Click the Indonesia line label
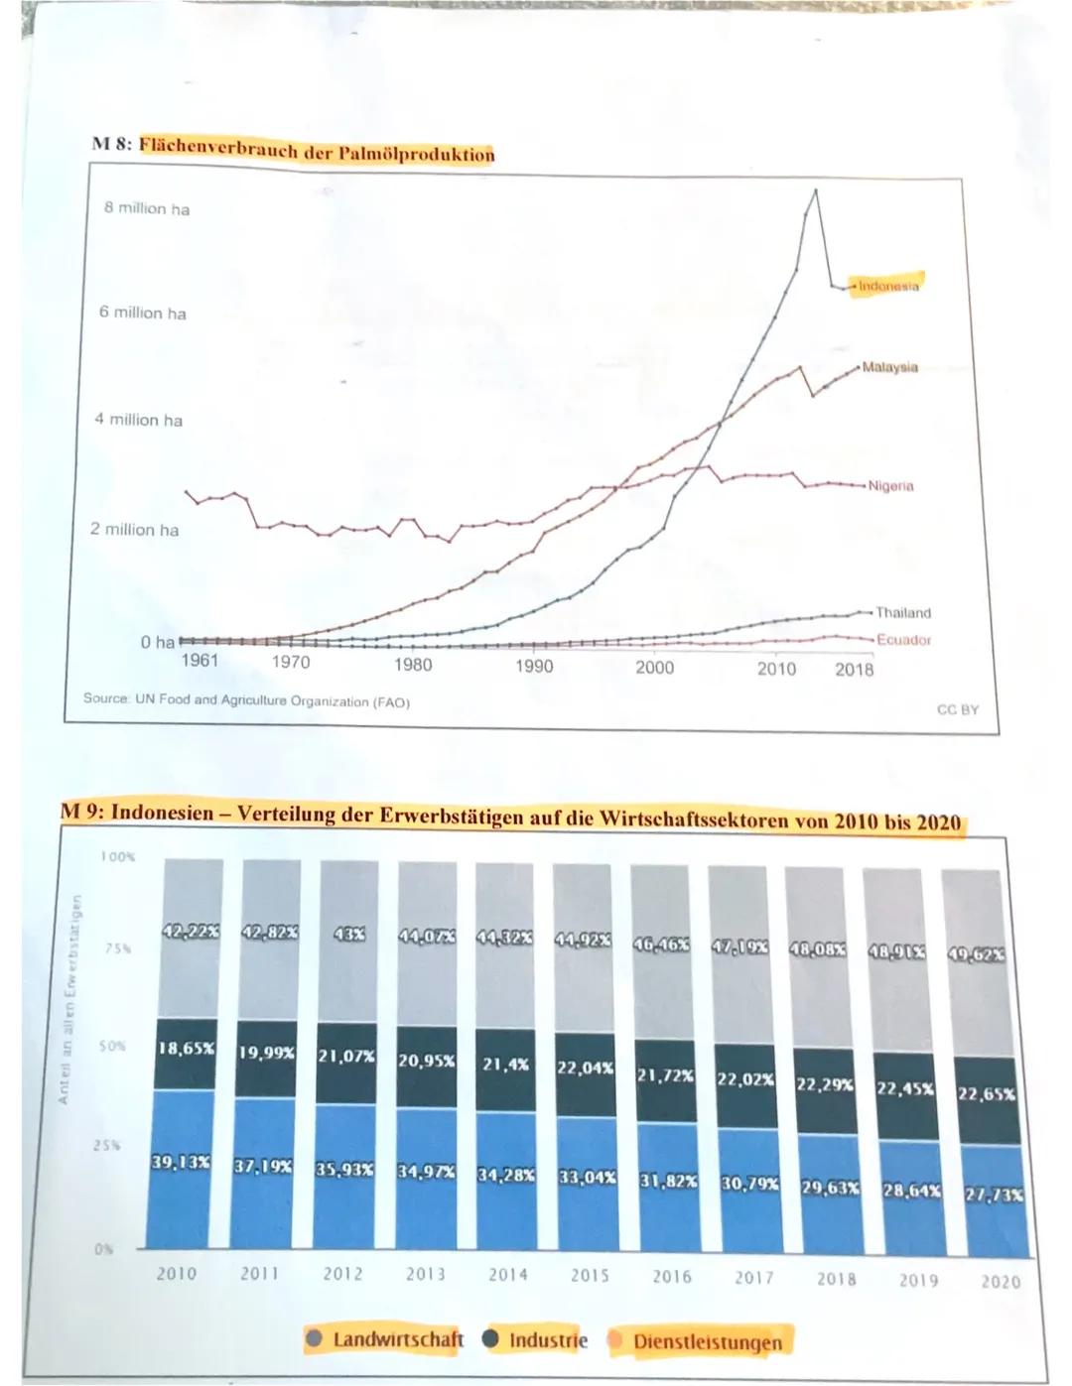pyautogui.click(x=888, y=286)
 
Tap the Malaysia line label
pyautogui.click(x=889, y=367)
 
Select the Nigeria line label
pyautogui.click(x=890, y=486)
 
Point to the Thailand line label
pyautogui.click(x=902, y=613)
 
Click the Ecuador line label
pyautogui.click(x=903, y=640)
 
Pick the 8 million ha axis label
pyautogui.click(x=147, y=208)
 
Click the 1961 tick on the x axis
pyautogui.click(x=200, y=661)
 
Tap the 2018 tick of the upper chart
pyautogui.click(x=854, y=669)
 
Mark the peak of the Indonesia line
pyautogui.click(x=816, y=189)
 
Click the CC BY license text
pyautogui.click(x=957, y=709)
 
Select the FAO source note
pyautogui.click(x=246, y=700)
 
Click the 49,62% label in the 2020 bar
pyautogui.click(x=977, y=955)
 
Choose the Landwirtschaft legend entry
pyautogui.click(x=397, y=1339)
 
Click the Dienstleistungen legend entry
pyautogui.click(x=707, y=1342)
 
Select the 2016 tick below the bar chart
pyautogui.click(x=672, y=1277)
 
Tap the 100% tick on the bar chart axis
pyautogui.click(x=117, y=855)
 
